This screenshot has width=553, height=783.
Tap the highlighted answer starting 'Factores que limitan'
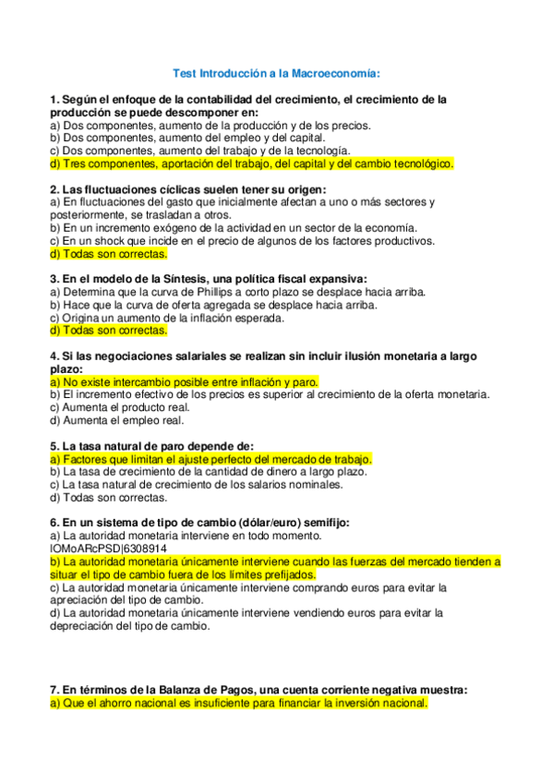click(210, 458)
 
